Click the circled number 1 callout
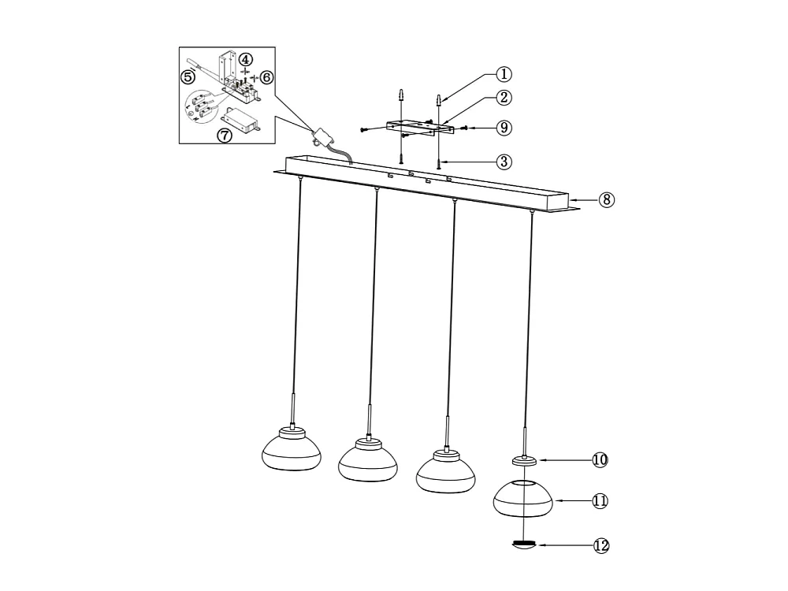pyautogui.click(x=504, y=74)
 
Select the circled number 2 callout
pyautogui.click(x=504, y=98)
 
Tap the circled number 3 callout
pyautogui.click(x=504, y=162)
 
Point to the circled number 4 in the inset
pyautogui.click(x=247, y=60)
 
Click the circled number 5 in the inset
pyautogui.click(x=188, y=76)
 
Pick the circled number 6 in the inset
pyautogui.click(x=266, y=77)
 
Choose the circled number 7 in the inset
pyautogui.click(x=225, y=135)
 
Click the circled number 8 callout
pyautogui.click(x=606, y=199)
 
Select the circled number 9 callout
pyautogui.click(x=504, y=127)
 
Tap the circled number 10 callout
pyautogui.click(x=600, y=459)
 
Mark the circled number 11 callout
pyautogui.click(x=600, y=500)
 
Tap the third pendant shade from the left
pyautogui.click(x=444, y=470)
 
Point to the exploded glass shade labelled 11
pyautogui.click(x=521, y=499)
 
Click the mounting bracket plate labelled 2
pyautogui.click(x=418, y=127)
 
